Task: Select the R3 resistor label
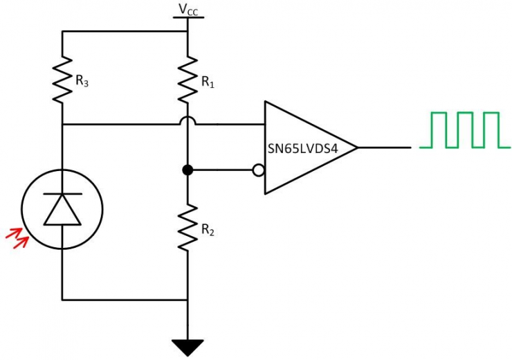click(x=82, y=82)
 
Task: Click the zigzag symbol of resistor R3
click(x=62, y=80)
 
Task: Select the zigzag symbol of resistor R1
click(x=188, y=80)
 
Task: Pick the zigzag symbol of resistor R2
click(x=188, y=228)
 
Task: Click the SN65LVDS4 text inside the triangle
click(x=302, y=148)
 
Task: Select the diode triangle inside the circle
click(x=62, y=210)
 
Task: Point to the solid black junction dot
click(x=187, y=170)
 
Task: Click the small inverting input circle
click(x=258, y=170)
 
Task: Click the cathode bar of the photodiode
click(x=62, y=195)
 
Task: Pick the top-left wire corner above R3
click(x=62, y=31)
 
